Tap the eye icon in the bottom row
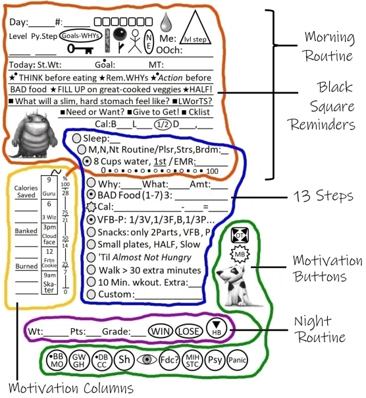pos(147,360)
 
